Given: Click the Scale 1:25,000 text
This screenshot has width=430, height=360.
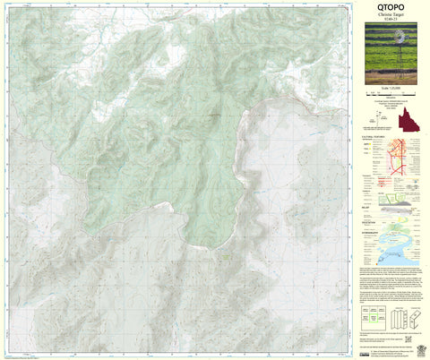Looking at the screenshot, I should click(394, 92).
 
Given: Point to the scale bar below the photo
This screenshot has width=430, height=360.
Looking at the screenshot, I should click(394, 98).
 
